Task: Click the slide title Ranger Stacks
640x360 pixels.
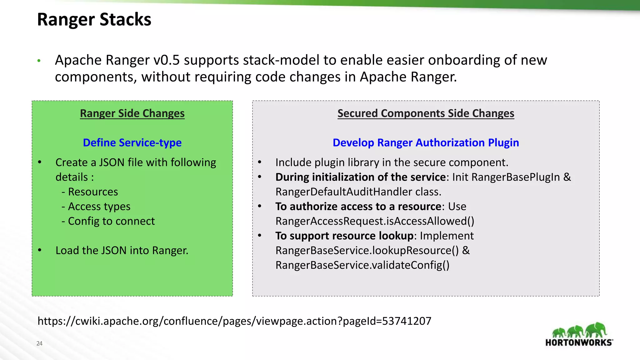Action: tap(94, 19)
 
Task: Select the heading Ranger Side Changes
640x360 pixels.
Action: tap(132, 113)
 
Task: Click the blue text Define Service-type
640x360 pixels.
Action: tap(132, 142)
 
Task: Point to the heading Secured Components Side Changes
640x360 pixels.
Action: tap(426, 113)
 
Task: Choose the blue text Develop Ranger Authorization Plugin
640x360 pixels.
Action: tap(426, 142)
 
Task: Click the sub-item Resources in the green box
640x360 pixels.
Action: tap(93, 192)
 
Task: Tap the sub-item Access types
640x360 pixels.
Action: tap(99, 206)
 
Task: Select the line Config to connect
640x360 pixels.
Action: tap(111, 221)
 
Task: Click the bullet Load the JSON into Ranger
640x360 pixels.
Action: tap(122, 250)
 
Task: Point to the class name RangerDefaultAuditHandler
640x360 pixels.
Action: tap(344, 192)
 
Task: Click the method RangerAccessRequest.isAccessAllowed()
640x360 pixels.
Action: tap(375, 221)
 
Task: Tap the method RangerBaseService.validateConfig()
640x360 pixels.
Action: tap(362, 265)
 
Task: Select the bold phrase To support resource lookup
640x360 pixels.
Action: tap(344, 236)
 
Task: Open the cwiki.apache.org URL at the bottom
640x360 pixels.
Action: tap(234, 321)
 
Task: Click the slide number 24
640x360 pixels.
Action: tap(39, 343)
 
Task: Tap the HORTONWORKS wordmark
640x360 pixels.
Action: tap(579, 342)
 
